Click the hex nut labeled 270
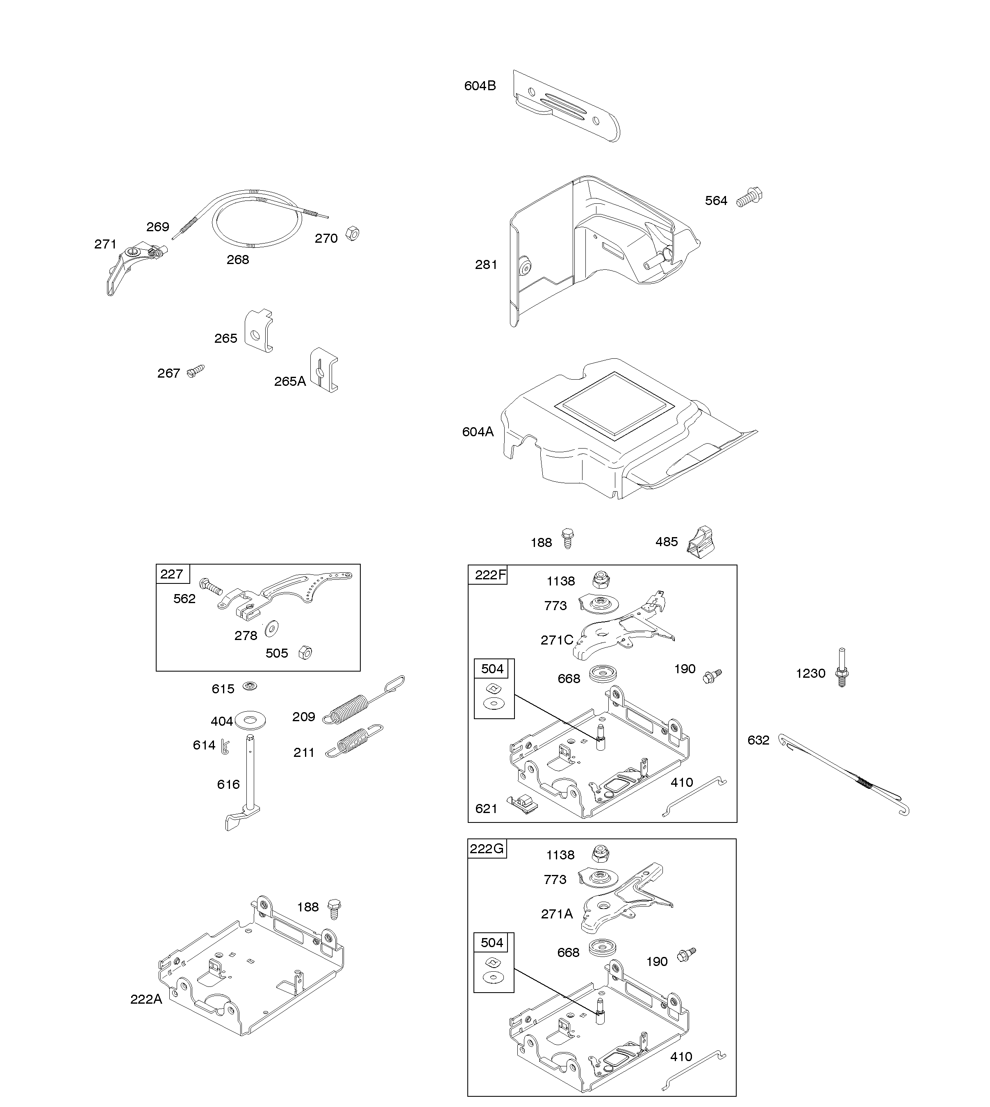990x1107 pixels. point(353,234)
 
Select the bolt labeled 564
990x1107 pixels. point(749,198)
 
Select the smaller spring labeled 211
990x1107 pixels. point(355,741)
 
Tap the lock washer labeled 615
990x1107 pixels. point(250,686)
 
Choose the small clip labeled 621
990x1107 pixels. point(522,804)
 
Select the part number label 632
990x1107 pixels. point(758,740)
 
